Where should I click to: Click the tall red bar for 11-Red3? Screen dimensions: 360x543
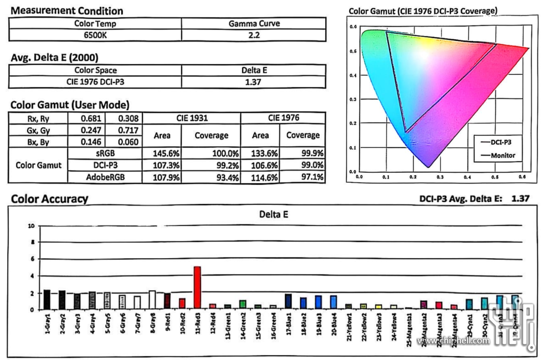click(197, 287)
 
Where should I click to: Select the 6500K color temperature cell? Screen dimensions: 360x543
click(95, 35)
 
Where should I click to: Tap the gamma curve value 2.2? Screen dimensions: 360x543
click(254, 35)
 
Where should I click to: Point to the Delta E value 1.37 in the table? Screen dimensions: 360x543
click(254, 82)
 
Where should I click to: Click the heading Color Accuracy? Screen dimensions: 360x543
click(49, 199)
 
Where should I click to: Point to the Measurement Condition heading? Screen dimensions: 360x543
click(67, 11)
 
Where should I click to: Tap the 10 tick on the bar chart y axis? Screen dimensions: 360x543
click(31, 226)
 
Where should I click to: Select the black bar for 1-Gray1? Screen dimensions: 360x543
click(47, 300)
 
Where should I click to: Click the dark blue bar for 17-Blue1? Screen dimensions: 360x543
click(288, 301)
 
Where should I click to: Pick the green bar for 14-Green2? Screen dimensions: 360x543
click(243, 305)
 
